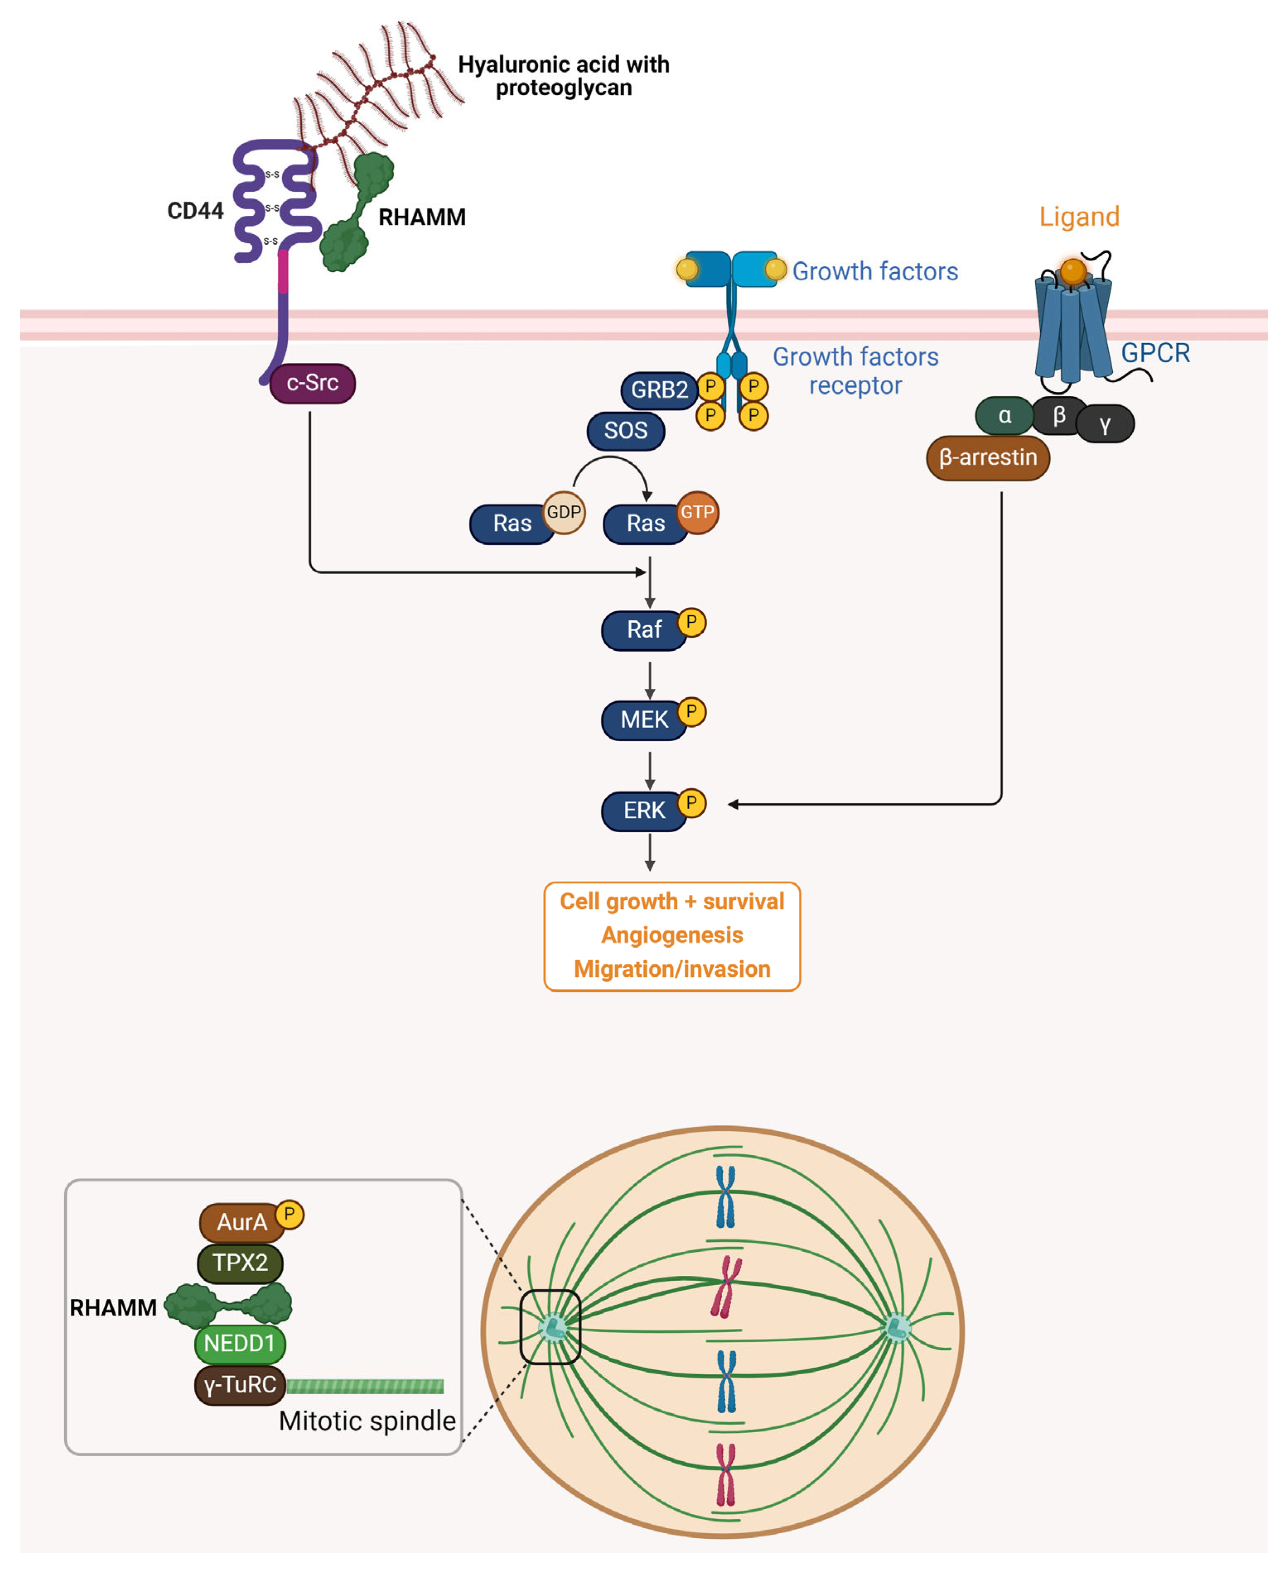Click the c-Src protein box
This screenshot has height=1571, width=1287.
[312, 383]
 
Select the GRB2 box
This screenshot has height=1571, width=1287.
[658, 390]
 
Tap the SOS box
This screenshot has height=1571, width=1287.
[625, 431]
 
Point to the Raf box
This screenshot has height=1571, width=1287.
[643, 630]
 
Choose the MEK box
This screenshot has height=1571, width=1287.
[643, 720]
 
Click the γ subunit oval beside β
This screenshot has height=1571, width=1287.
[1104, 424]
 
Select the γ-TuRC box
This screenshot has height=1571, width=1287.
[239, 1385]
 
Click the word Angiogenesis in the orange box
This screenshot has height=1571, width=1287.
[672, 936]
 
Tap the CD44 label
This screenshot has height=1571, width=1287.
[195, 211]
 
